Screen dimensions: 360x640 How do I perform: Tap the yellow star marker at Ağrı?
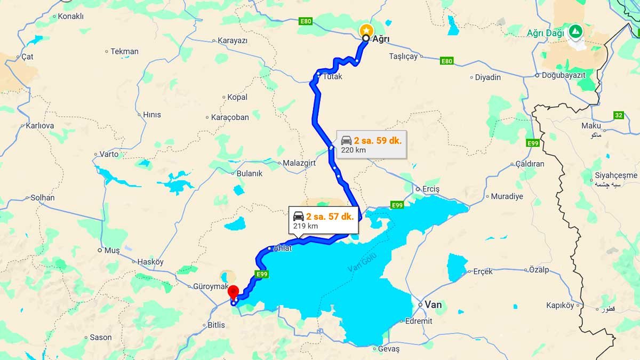pos(366,29)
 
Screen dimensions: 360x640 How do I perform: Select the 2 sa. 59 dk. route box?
pos(371,145)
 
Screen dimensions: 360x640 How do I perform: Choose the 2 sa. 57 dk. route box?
pos(323,220)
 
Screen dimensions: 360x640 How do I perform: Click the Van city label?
pos(434,304)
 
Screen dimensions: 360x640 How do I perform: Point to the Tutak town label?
pos(332,77)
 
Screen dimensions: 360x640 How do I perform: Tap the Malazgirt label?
pos(300,163)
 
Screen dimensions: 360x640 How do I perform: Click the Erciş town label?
pos(430,189)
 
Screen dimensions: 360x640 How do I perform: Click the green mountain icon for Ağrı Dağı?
pos(576,30)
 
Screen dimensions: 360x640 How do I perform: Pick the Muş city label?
pos(112,250)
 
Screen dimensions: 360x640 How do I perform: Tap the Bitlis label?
pos(216,325)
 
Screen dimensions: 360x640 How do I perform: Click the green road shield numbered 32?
pos(618,115)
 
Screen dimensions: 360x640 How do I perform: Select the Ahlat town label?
pos(282,249)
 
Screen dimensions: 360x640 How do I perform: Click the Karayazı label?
pos(233,41)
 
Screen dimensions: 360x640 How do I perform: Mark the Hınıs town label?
pos(151,115)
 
